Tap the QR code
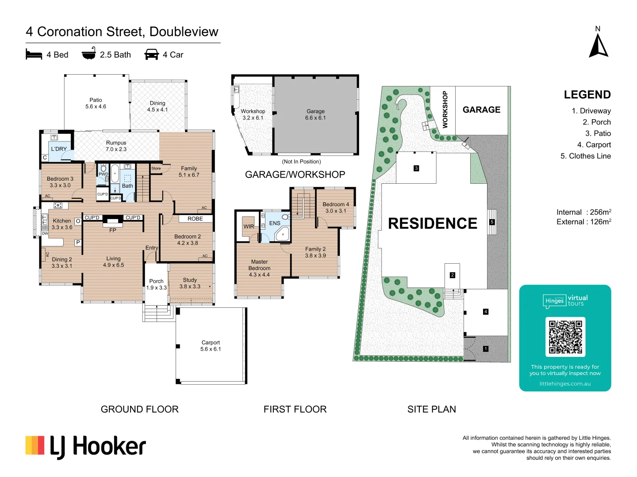pos(565,337)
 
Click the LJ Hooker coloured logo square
pos(35,445)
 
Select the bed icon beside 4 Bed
pos(34,54)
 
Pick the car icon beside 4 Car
pos(151,54)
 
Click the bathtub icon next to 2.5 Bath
pos(89,53)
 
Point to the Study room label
pos(190,280)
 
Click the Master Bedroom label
pos(259,265)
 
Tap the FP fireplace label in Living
pos(113,230)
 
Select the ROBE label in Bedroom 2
pos(195,219)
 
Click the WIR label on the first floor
pos(249,227)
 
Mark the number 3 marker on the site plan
pos(416,168)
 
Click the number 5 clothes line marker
pos(491,222)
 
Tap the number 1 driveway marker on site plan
pos(486,349)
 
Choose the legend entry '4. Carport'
pos(594,144)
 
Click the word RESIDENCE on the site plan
pos(432,223)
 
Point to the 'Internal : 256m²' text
pos(583,212)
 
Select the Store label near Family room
pos(156,168)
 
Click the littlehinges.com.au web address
pos(565,384)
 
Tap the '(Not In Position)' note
pos(301,162)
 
